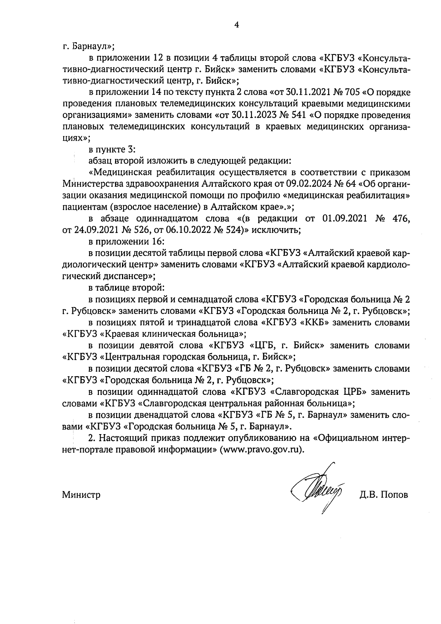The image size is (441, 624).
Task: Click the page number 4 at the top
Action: tap(236, 25)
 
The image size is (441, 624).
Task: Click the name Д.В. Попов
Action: tap(384, 495)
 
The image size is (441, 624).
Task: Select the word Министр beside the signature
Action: tap(81, 495)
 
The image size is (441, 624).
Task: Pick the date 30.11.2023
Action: tap(252, 115)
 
